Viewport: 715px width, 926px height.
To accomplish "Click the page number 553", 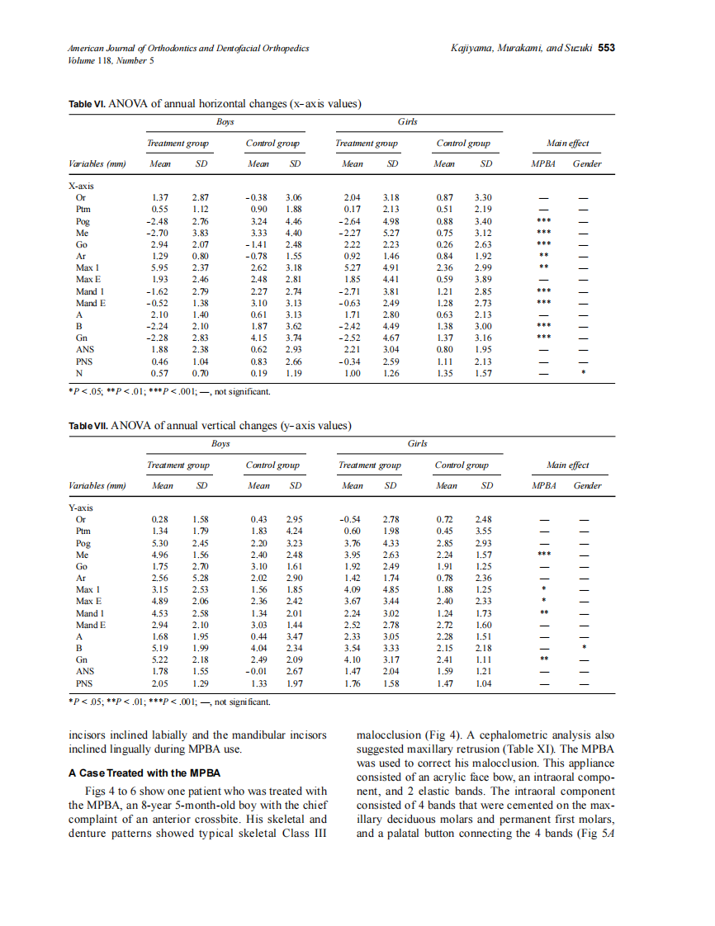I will pos(607,48).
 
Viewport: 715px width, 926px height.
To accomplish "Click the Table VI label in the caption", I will pos(87,104).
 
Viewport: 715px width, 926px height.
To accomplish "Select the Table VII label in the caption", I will pos(88,426).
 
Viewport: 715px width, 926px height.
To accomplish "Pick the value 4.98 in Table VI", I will pos(391,221).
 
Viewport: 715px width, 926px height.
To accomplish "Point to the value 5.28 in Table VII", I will pos(200,578).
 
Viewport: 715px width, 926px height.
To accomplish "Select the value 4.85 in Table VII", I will pos(391,589).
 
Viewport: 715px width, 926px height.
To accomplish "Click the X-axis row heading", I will pos(81,187).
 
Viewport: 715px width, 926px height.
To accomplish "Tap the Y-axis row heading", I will pos(81,508).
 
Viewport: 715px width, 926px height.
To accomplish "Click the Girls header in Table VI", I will pos(407,121).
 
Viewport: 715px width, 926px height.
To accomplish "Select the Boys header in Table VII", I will pos(220,443).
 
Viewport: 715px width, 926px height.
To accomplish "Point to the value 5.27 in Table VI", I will pos(353,267).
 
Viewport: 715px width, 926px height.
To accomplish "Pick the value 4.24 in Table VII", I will pos(294,532).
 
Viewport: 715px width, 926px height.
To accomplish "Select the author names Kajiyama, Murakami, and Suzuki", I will pos(522,48).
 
